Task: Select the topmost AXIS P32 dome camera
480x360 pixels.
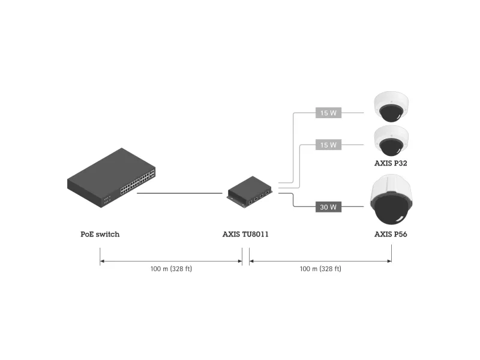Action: click(x=391, y=107)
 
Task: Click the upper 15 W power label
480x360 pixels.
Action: click(x=329, y=112)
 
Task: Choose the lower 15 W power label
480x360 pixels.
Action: click(x=329, y=145)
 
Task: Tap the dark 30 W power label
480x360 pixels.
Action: click(x=328, y=207)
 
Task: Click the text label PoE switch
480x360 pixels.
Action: click(x=100, y=234)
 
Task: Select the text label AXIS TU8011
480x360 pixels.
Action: click(x=245, y=234)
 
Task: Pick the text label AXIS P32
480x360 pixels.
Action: click(x=391, y=163)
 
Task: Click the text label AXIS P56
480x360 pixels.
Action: click(x=391, y=234)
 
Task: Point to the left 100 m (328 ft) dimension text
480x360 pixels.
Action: click(x=171, y=269)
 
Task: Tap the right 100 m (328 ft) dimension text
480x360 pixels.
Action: click(x=320, y=269)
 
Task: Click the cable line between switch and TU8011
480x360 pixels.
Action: click(x=180, y=193)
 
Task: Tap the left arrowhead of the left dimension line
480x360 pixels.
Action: click(x=102, y=261)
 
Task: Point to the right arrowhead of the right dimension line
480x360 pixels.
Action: click(x=389, y=261)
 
